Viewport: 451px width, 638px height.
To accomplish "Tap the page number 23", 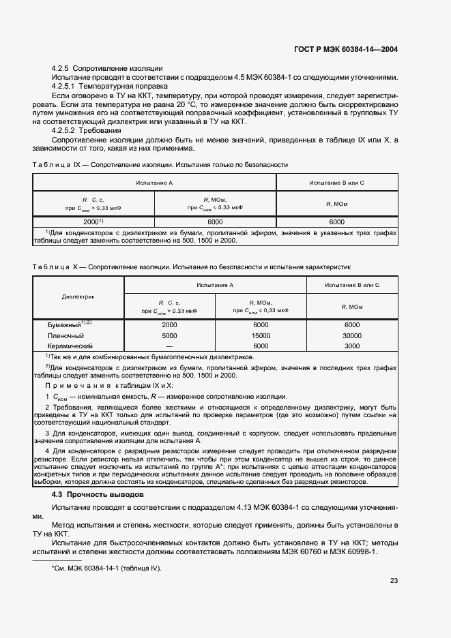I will [394, 581].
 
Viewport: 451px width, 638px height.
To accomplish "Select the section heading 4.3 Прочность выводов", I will [98, 494].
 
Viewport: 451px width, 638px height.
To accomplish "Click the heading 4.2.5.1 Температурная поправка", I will [109, 87].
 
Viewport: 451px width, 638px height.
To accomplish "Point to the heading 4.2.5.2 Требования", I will [87, 130].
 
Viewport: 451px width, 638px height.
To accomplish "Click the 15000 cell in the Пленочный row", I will [260, 336].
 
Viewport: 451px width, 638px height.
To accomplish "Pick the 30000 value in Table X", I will [351, 336].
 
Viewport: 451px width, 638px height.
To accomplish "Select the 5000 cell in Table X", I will [169, 336].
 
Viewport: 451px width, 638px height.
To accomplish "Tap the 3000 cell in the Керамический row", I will [351, 346].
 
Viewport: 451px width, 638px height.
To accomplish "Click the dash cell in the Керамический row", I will [169, 346].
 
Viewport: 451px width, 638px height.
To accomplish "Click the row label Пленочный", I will [66, 336].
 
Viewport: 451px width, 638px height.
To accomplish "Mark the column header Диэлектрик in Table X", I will [78, 297].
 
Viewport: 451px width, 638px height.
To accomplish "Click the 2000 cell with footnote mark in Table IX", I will [93, 222].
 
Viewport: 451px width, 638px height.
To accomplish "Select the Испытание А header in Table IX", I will [154, 183].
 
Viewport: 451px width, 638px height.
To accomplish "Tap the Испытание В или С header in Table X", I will [351, 284].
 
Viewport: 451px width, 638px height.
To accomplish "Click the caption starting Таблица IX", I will [160, 164].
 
